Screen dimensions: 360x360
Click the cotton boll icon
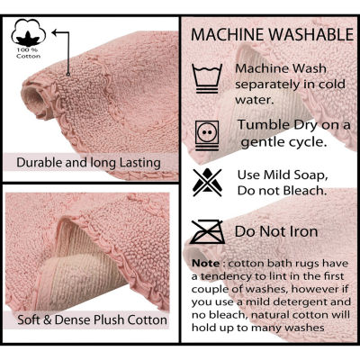tap(29, 32)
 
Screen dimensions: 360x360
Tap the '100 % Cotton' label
tap(29, 53)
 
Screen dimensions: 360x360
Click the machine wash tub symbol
tap(207, 78)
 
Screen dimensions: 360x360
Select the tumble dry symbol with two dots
tap(207, 135)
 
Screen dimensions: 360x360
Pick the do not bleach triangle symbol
tap(207, 183)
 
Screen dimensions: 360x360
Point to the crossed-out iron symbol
tap(207, 231)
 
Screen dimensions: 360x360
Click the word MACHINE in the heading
tap(228, 35)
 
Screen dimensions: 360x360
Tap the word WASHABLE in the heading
tap(311, 35)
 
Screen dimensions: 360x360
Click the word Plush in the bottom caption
tap(109, 319)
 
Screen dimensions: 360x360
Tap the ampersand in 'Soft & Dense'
tap(48, 319)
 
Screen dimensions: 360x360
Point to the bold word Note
tap(206, 264)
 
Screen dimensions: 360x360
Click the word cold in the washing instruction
tap(331, 85)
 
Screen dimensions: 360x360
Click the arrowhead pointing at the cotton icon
tap(55, 32)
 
